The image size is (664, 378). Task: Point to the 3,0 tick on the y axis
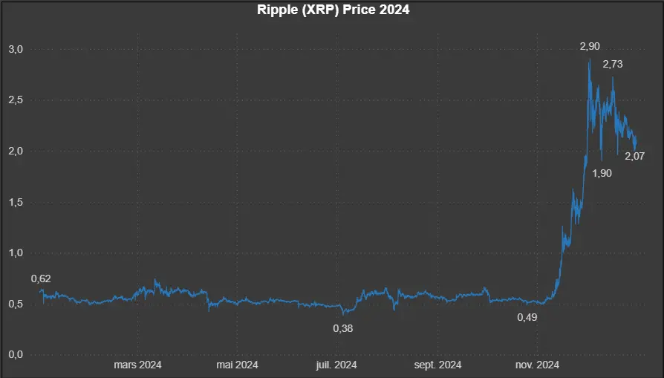pyautogui.click(x=16, y=49)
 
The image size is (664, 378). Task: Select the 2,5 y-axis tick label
pyautogui.click(x=16, y=100)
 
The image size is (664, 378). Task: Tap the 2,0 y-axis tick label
pyautogui.click(x=16, y=151)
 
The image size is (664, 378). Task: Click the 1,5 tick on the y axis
pyautogui.click(x=16, y=202)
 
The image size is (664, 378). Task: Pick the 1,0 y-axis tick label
pyautogui.click(x=16, y=252)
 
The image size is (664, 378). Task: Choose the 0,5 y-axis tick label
pyautogui.click(x=16, y=304)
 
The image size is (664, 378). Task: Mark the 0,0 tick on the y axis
pyautogui.click(x=16, y=354)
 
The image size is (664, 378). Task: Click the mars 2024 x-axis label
pyautogui.click(x=137, y=365)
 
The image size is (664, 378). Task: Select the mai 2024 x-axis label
pyautogui.click(x=236, y=365)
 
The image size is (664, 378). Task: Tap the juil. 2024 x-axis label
pyautogui.click(x=336, y=365)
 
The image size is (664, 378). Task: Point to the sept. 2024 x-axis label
pyautogui.click(x=437, y=365)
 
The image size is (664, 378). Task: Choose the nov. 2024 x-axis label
pyautogui.click(x=538, y=365)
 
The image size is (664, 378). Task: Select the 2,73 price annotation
pyautogui.click(x=613, y=65)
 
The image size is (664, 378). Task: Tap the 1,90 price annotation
pyautogui.click(x=602, y=173)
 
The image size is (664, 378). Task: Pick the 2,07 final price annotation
pyautogui.click(x=634, y=156)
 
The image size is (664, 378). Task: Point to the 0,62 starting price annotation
pyautogui.click(x=41, y=278)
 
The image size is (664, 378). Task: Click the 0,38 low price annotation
pyautogui.click(x=342, y=328)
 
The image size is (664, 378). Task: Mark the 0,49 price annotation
pyautogui.click(x=527, y=317)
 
